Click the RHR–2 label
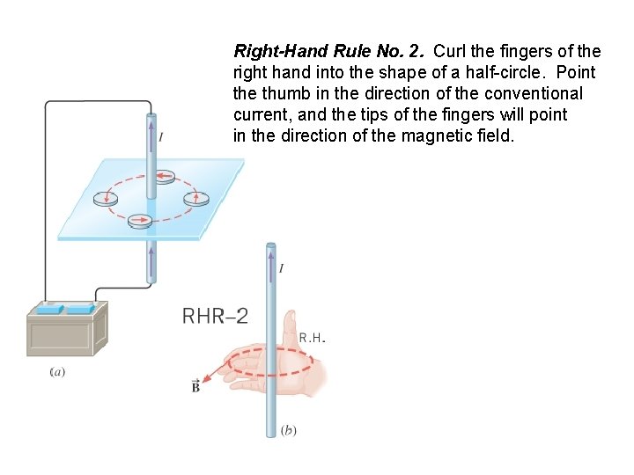pyautogui.click(x=215, y=316)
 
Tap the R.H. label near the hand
pyautogui.click(x=313, y=338)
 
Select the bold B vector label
pyautogui.click(x=195, y=387)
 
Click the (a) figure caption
pyautogui.click(x=57, y=371)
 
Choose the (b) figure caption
pyautogui.click(x=288, y=430)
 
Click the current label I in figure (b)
pyautogui.click(x=281, y=268)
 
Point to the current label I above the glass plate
pyautogui.click(x=161, y=136)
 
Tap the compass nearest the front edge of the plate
pyautogui.click(x=140, y=221)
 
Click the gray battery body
pyautogui.click(x=65, y=334)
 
